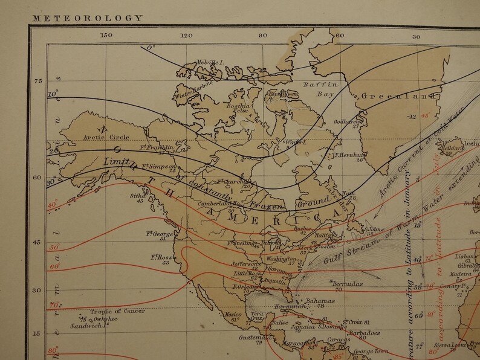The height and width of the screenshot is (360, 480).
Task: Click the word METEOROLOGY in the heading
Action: [x=88, y=18]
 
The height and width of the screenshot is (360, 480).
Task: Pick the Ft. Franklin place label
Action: [x=157, y=147]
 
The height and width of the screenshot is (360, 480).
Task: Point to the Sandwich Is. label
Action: [x=88, y=325]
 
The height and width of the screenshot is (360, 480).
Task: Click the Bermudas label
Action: [x=346, y=283]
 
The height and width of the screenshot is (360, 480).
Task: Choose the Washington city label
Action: [x=281, y=259]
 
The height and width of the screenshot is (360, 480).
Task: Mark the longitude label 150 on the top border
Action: [x=106, y=36]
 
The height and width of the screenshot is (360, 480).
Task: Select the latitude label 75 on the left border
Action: [x=38, y=81]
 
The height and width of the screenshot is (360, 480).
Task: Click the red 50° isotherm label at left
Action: [x=54, y=247]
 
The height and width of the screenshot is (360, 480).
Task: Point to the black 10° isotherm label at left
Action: [x=53, y=94]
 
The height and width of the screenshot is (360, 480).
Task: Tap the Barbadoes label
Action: [x=365, y=332]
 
